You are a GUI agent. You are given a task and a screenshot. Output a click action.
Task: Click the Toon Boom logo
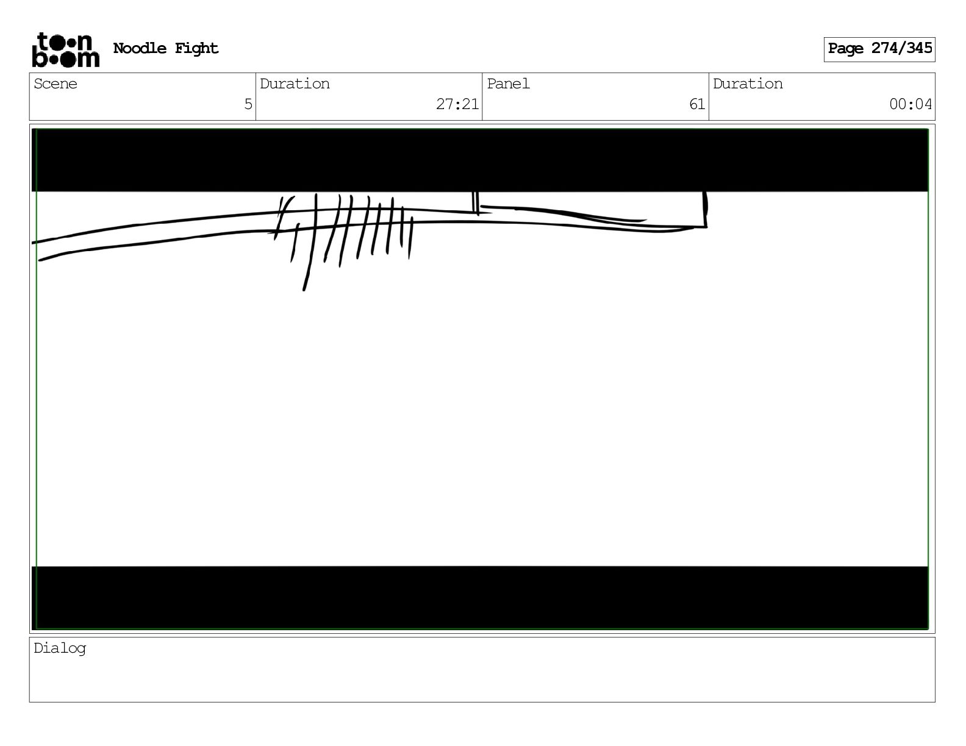click(66, 50)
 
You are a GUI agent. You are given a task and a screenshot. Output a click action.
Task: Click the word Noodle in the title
click(140, 48)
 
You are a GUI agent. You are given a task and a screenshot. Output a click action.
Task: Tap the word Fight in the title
click(196, 48)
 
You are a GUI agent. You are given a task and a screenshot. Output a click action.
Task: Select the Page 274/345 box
click(879, 49)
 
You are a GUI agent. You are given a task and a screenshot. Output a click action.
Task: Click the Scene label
click(55, 83)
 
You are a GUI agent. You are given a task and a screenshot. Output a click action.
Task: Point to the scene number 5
click(248, 104)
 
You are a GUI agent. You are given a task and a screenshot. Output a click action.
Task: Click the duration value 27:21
click(457, 104)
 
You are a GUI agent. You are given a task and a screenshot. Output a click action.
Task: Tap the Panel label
click(508, 83)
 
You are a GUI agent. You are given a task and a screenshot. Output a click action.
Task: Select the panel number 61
click(697, 104)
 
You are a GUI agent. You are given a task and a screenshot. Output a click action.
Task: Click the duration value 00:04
click(911, 104)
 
